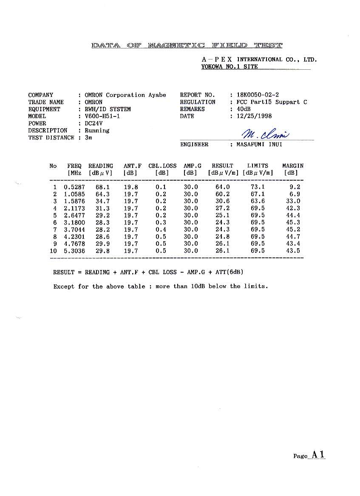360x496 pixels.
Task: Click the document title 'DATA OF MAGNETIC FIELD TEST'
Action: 187,45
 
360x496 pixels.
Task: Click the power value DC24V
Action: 94,123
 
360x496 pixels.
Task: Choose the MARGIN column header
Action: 293,166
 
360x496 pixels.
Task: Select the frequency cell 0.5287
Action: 74,187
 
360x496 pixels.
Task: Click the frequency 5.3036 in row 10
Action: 74,251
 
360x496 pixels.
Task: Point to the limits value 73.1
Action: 258,187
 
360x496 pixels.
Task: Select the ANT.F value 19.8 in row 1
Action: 131,187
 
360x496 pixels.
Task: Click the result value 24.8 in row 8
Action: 222,237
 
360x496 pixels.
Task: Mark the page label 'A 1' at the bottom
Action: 318,454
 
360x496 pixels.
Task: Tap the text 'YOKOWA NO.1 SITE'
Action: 230,67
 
